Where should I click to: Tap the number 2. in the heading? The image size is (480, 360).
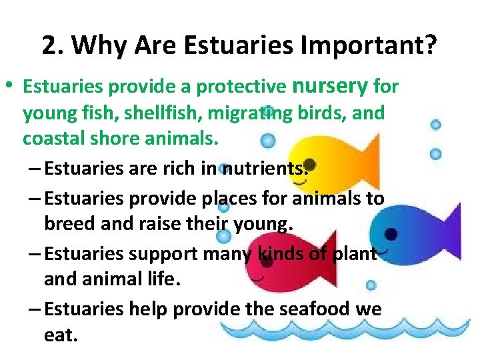tap(53, 45)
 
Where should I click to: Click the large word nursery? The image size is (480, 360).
tap(331, 85)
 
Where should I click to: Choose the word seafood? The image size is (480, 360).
tap(319, 309)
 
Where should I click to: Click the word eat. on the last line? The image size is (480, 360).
tap(61, 335)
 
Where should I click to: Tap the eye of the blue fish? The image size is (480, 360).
tap(391, 234)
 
